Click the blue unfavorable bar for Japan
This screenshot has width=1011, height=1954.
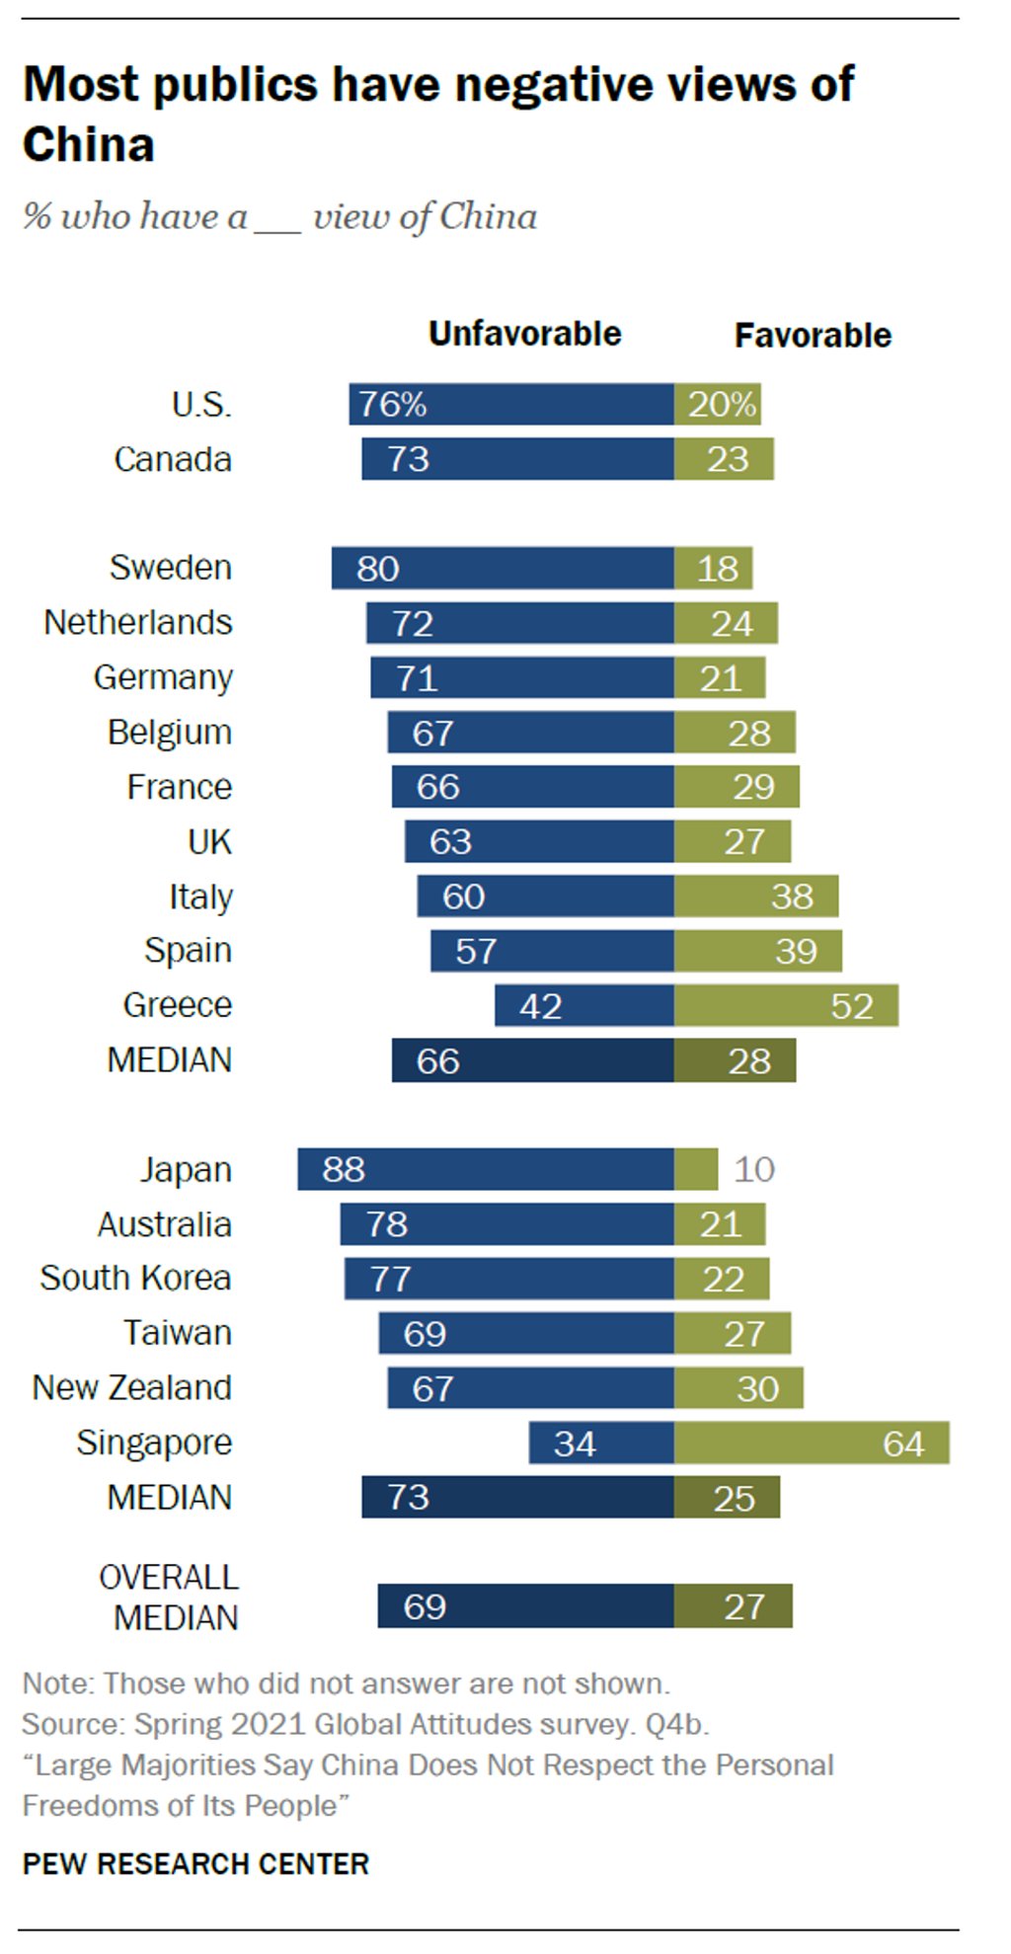click(486, 1169)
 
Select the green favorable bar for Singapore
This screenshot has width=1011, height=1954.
click(812, 1443)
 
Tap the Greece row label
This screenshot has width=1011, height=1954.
click(178, 1005)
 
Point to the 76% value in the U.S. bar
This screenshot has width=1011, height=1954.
click(392, 405)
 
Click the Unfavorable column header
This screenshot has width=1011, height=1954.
click(524, 334)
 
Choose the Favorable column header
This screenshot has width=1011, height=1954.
click(812, 336)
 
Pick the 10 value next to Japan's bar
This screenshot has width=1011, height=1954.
click(754, 1169)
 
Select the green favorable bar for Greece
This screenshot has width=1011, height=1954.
click(786, 1005)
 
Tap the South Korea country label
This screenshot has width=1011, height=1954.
click(135, 1279)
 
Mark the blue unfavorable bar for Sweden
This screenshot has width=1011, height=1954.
click(503, 568)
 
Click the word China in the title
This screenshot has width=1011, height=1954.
click(89, 145)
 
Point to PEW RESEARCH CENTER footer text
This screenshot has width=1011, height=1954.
click(195, 1864)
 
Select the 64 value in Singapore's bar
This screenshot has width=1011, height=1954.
click(902, 1444)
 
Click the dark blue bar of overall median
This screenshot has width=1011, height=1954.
click(525, 1606)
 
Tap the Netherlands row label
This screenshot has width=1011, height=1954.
click(138, 623)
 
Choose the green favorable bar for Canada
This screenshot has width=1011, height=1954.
click(724, 459)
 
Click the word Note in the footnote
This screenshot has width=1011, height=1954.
click(57, 1683)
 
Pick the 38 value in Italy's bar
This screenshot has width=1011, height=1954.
click(792, 897)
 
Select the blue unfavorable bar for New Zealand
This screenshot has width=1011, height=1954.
click(530, 1388)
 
